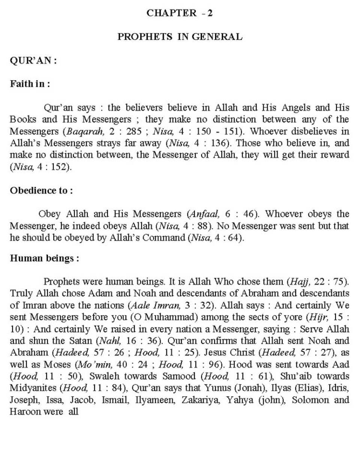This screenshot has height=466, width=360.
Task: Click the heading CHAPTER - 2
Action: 180,13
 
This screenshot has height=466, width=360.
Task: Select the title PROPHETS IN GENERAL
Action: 180,37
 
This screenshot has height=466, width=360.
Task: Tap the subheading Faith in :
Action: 30,84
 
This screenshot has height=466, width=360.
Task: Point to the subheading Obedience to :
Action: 41,191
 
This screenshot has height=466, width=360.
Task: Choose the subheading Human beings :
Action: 44,259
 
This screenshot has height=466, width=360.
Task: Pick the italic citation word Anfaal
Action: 205,214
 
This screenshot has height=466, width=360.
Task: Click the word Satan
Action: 80,341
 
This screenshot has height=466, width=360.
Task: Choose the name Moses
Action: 58,365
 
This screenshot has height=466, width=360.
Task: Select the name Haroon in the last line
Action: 25,412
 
